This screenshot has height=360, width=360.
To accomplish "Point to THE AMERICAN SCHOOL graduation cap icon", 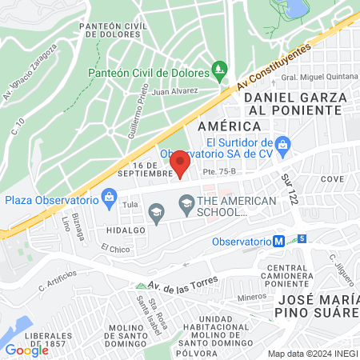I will tap(186, 201).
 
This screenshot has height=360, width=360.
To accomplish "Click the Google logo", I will tap(26, 350).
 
